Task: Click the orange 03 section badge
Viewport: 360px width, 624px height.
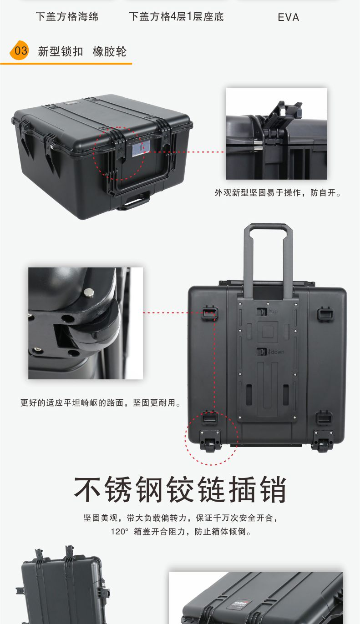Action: (19, 50)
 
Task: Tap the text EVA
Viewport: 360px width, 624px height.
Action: (289, 18)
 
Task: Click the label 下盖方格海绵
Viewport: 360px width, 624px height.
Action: (67, 17)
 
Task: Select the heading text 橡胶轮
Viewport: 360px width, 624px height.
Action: (110, 51)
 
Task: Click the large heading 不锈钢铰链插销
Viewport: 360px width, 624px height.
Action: (180, 489)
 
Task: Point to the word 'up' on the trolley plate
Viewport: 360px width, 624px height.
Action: (273, 312)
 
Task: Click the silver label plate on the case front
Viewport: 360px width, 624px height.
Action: (141, 148)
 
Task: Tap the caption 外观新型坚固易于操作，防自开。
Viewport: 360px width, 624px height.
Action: (278, 192)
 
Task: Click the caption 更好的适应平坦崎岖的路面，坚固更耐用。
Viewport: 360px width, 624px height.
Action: (101, 403)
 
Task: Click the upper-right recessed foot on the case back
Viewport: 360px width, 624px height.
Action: (325, 314)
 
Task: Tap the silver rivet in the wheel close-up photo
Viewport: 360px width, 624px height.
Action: (89, 292)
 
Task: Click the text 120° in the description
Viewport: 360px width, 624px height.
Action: (119, 532)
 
